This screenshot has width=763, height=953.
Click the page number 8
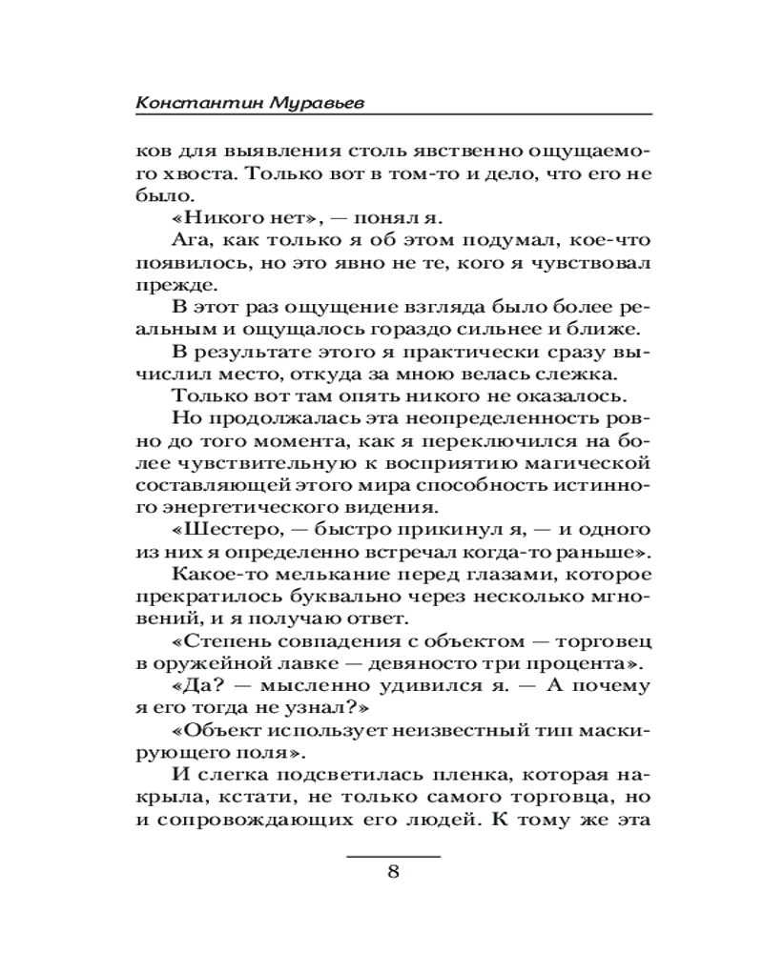tap(393, 874)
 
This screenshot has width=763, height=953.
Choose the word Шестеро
tap(231, 529)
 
